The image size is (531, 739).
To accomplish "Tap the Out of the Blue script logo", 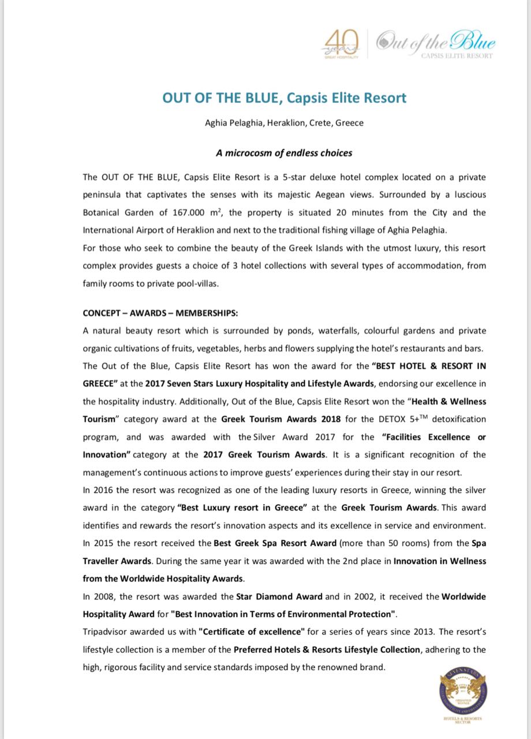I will pos(436,44).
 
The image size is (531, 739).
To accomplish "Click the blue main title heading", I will pos(284,98).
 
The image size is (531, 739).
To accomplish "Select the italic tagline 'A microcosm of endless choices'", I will pos(284,153).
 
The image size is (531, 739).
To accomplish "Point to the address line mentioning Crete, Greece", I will pos(284,123).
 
